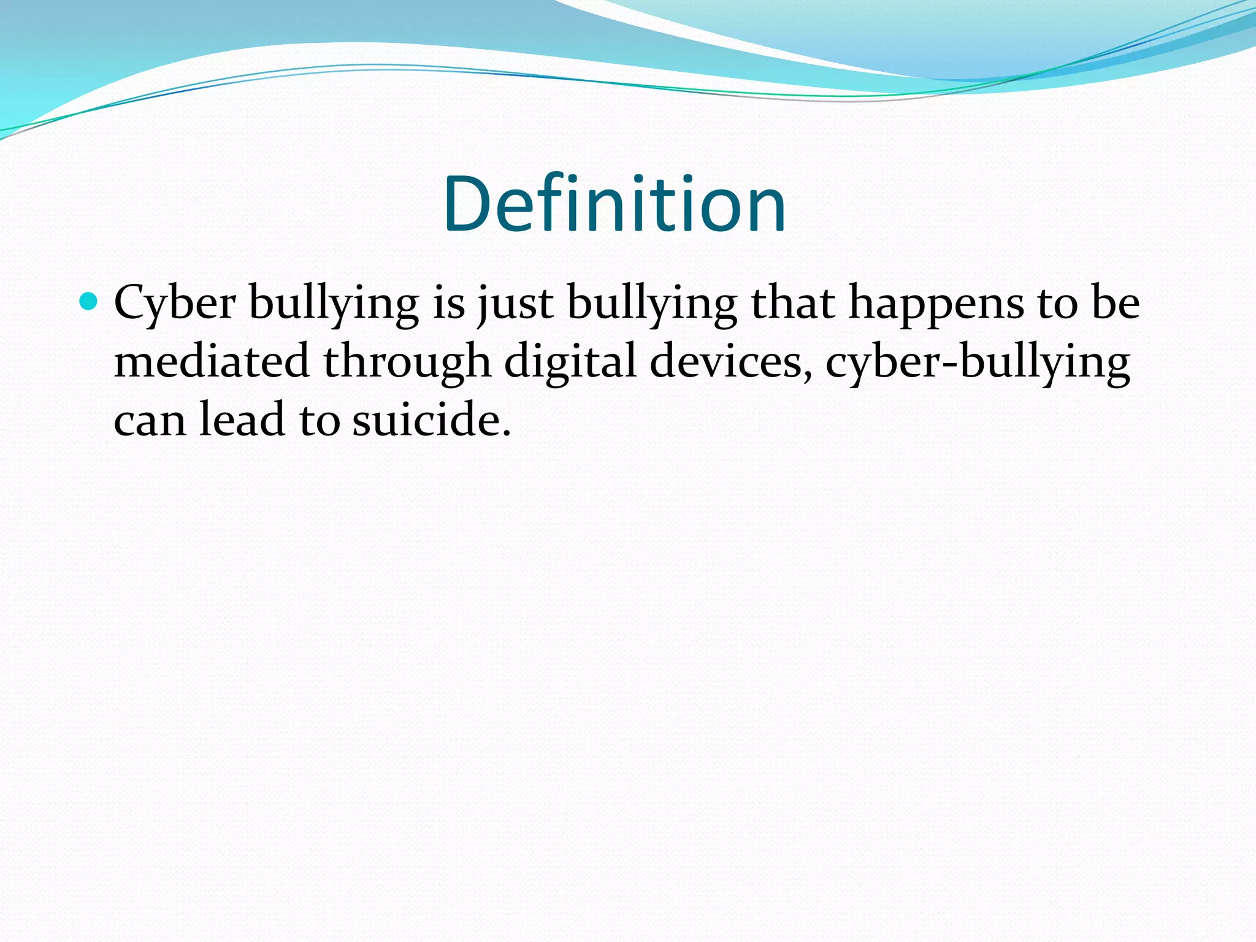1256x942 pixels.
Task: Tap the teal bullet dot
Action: tap(90, 301)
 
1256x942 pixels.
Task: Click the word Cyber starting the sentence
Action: tap(175, 303)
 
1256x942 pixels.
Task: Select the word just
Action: tap(515, 303)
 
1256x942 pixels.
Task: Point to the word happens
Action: tap(936, 303)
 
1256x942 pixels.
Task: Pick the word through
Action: tap(407, 361)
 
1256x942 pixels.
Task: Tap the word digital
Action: tap(570, 361)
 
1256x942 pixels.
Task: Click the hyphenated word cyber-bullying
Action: tap(978, 361)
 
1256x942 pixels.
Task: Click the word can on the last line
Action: tap(149, 420)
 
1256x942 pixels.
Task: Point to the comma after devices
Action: tap(808, 374)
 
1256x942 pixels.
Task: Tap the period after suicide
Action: tap(506, 433)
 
